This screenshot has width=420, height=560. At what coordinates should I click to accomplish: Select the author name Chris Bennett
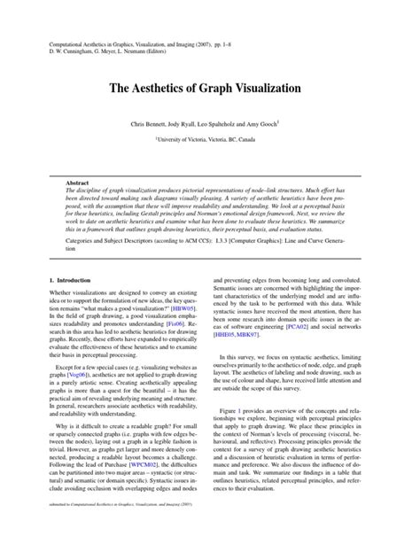(152, 126)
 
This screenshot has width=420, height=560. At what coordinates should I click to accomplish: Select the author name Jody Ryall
(189, 126)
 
